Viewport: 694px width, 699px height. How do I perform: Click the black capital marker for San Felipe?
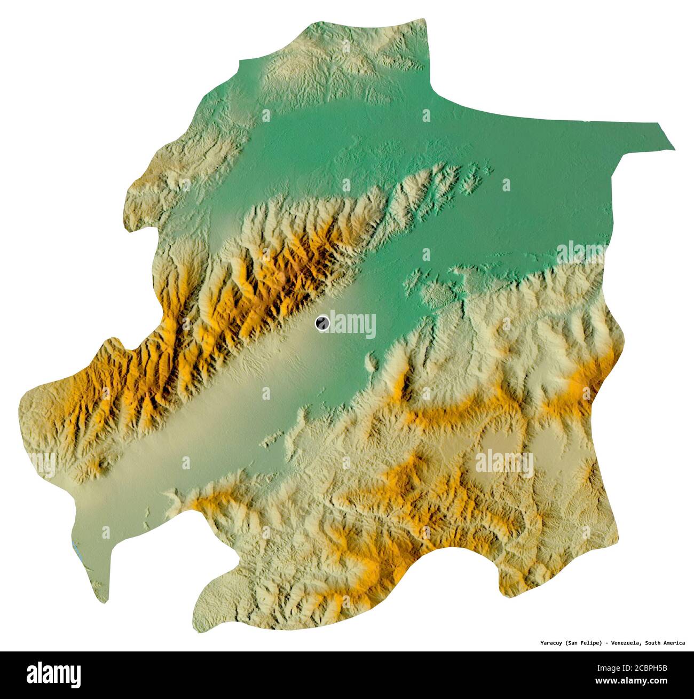click(x=322, y=323)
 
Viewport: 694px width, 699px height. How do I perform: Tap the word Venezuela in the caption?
click(x=623, y=643)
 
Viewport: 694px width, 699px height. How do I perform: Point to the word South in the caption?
click(x=654, y=643)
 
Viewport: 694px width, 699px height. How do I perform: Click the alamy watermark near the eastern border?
click(x=582, y=252)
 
